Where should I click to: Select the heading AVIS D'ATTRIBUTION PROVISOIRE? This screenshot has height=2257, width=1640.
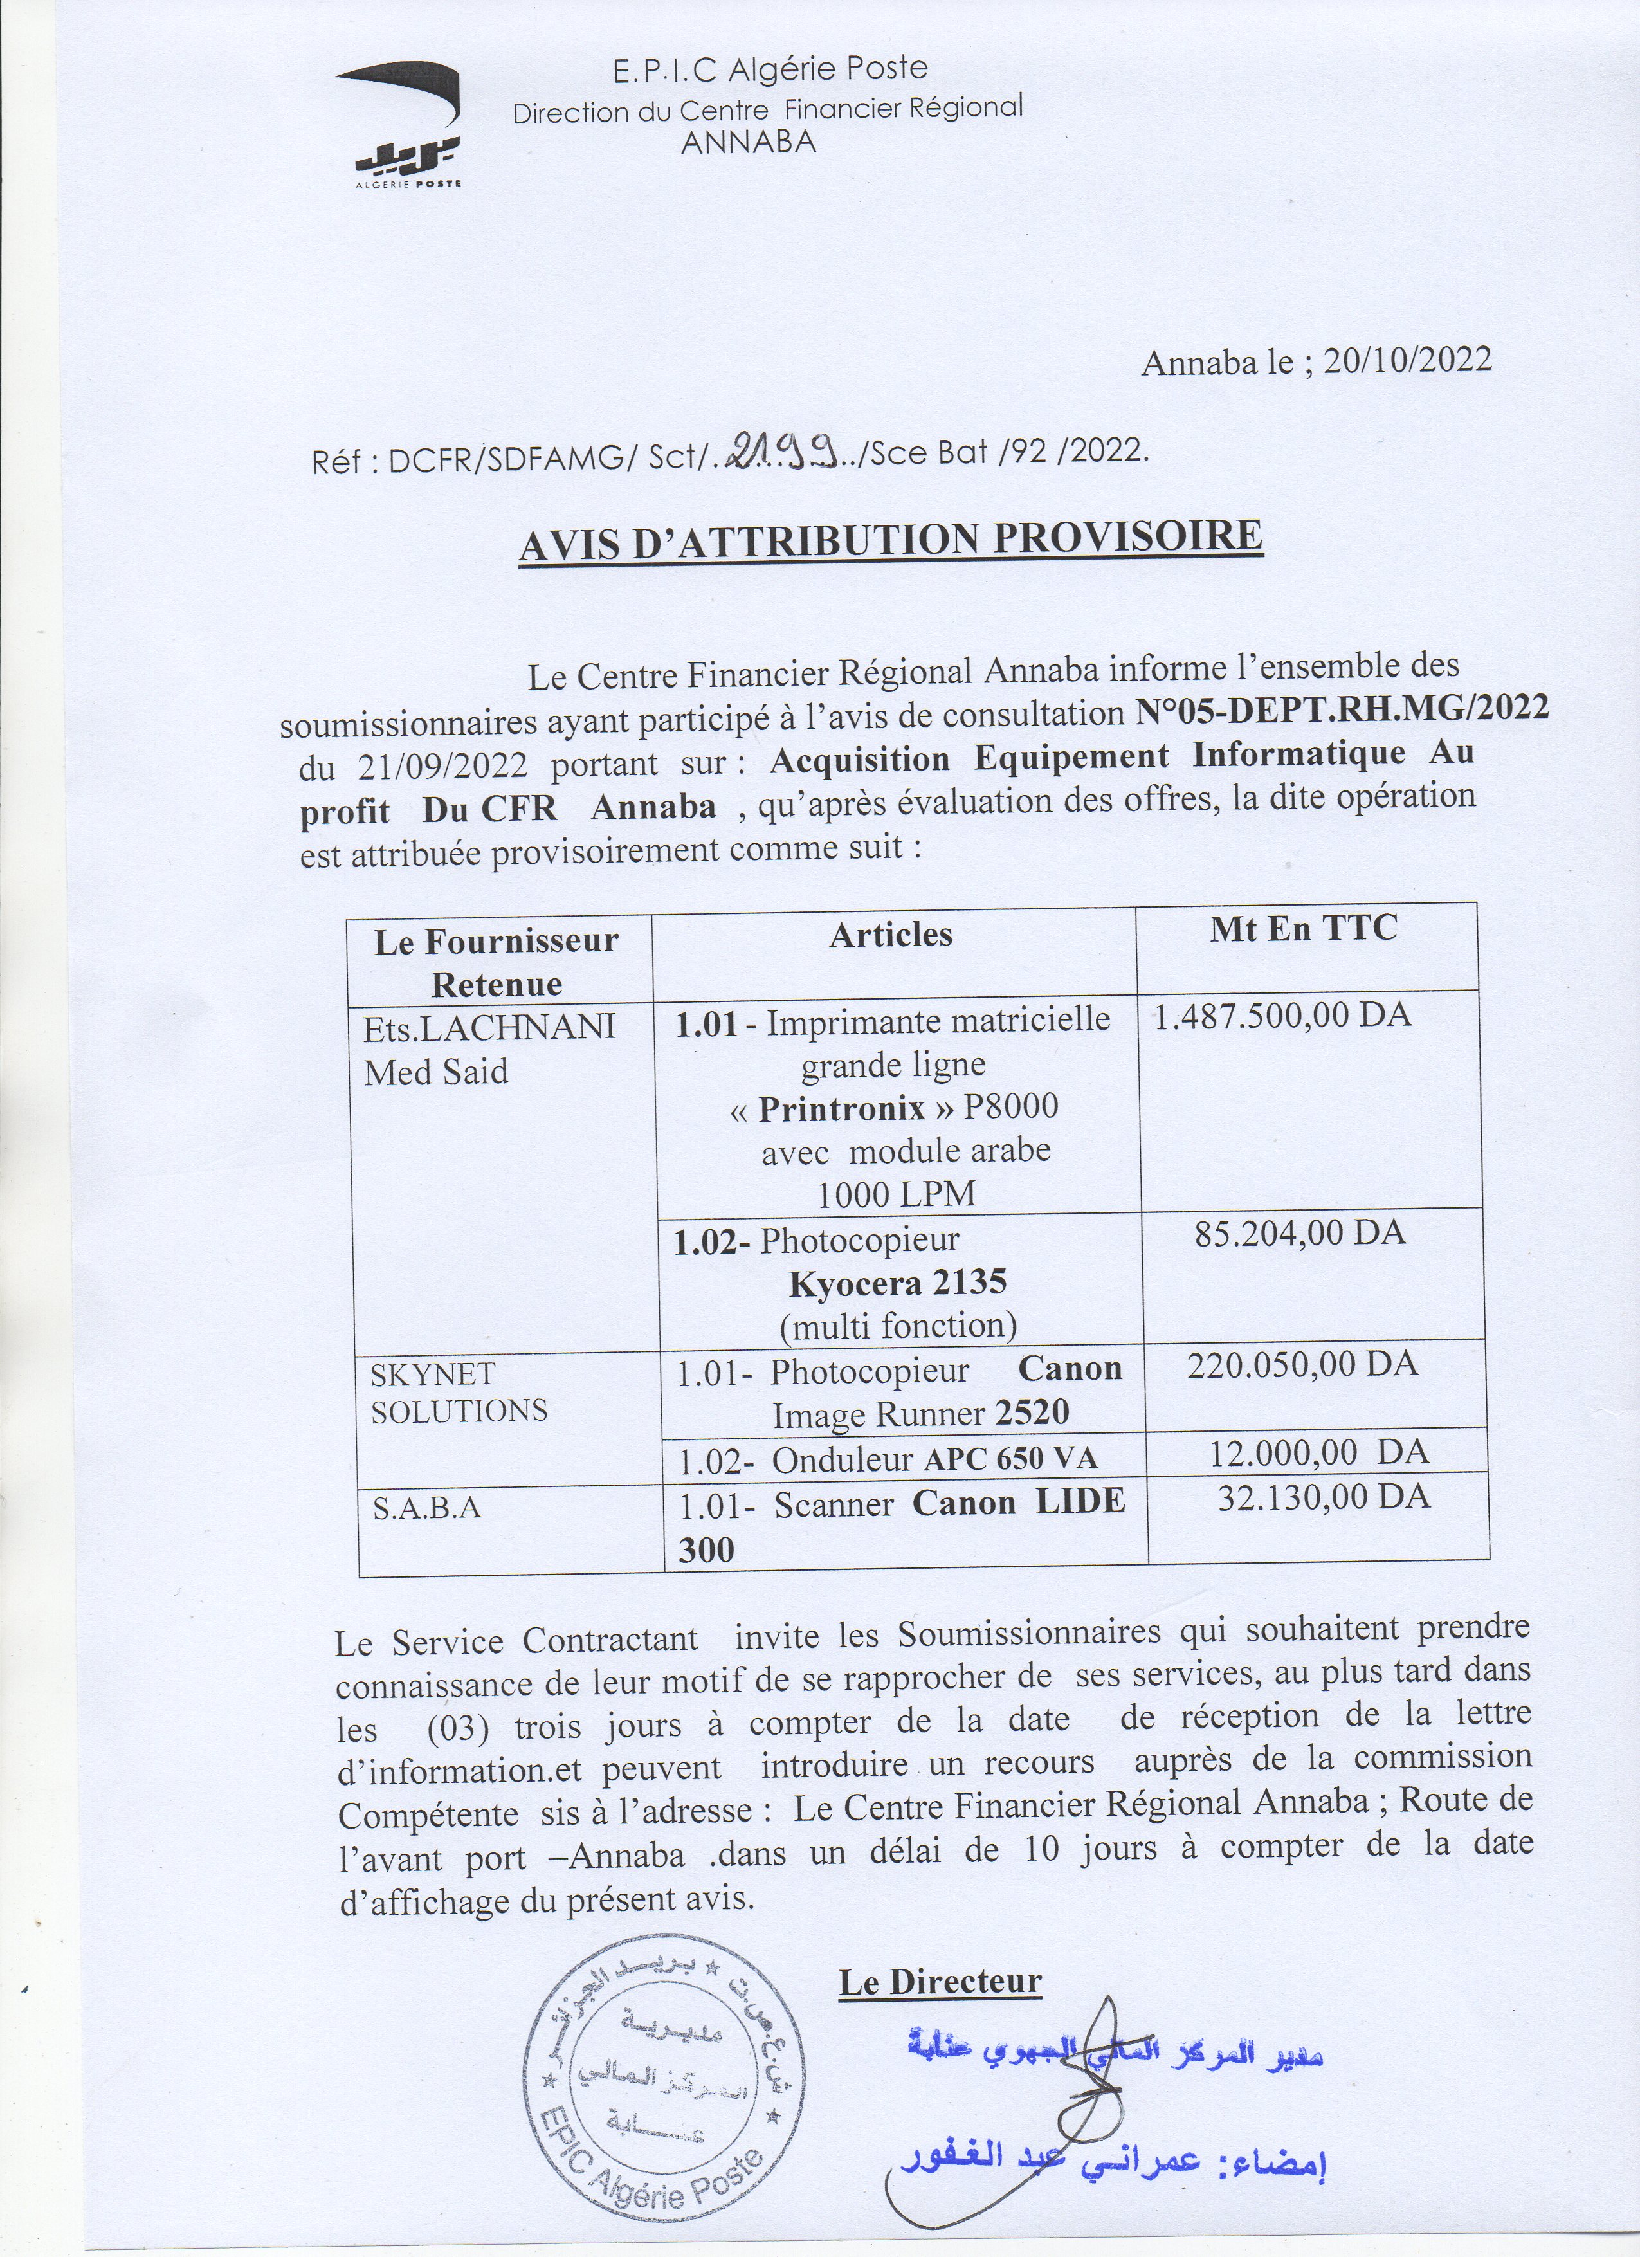coord(891,542)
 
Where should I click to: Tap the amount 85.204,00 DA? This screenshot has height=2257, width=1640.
coord(1298,1233)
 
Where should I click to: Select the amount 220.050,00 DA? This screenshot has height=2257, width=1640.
coord(1302,1364)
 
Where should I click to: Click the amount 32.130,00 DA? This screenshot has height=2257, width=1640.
coord(1324,1497)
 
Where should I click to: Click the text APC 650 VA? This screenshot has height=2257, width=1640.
coord(1010,1459)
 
